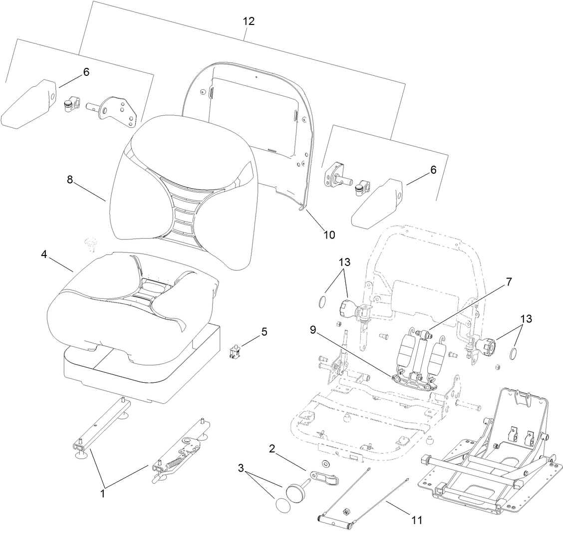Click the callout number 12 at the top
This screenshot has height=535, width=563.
248,21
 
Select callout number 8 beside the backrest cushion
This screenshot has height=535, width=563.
70,179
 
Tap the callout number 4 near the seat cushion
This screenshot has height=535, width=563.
44,255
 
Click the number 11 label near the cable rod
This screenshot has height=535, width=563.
417,521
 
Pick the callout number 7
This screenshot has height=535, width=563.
508,282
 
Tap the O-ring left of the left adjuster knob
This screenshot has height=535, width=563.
322,301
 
